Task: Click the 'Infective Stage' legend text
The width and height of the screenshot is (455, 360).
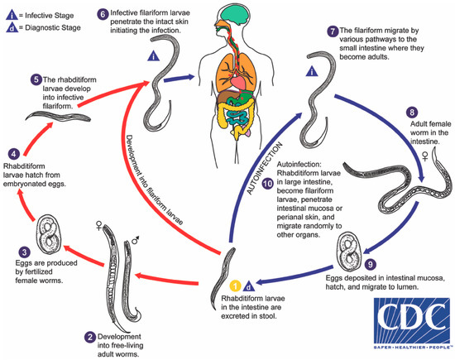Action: pos(49,12)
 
